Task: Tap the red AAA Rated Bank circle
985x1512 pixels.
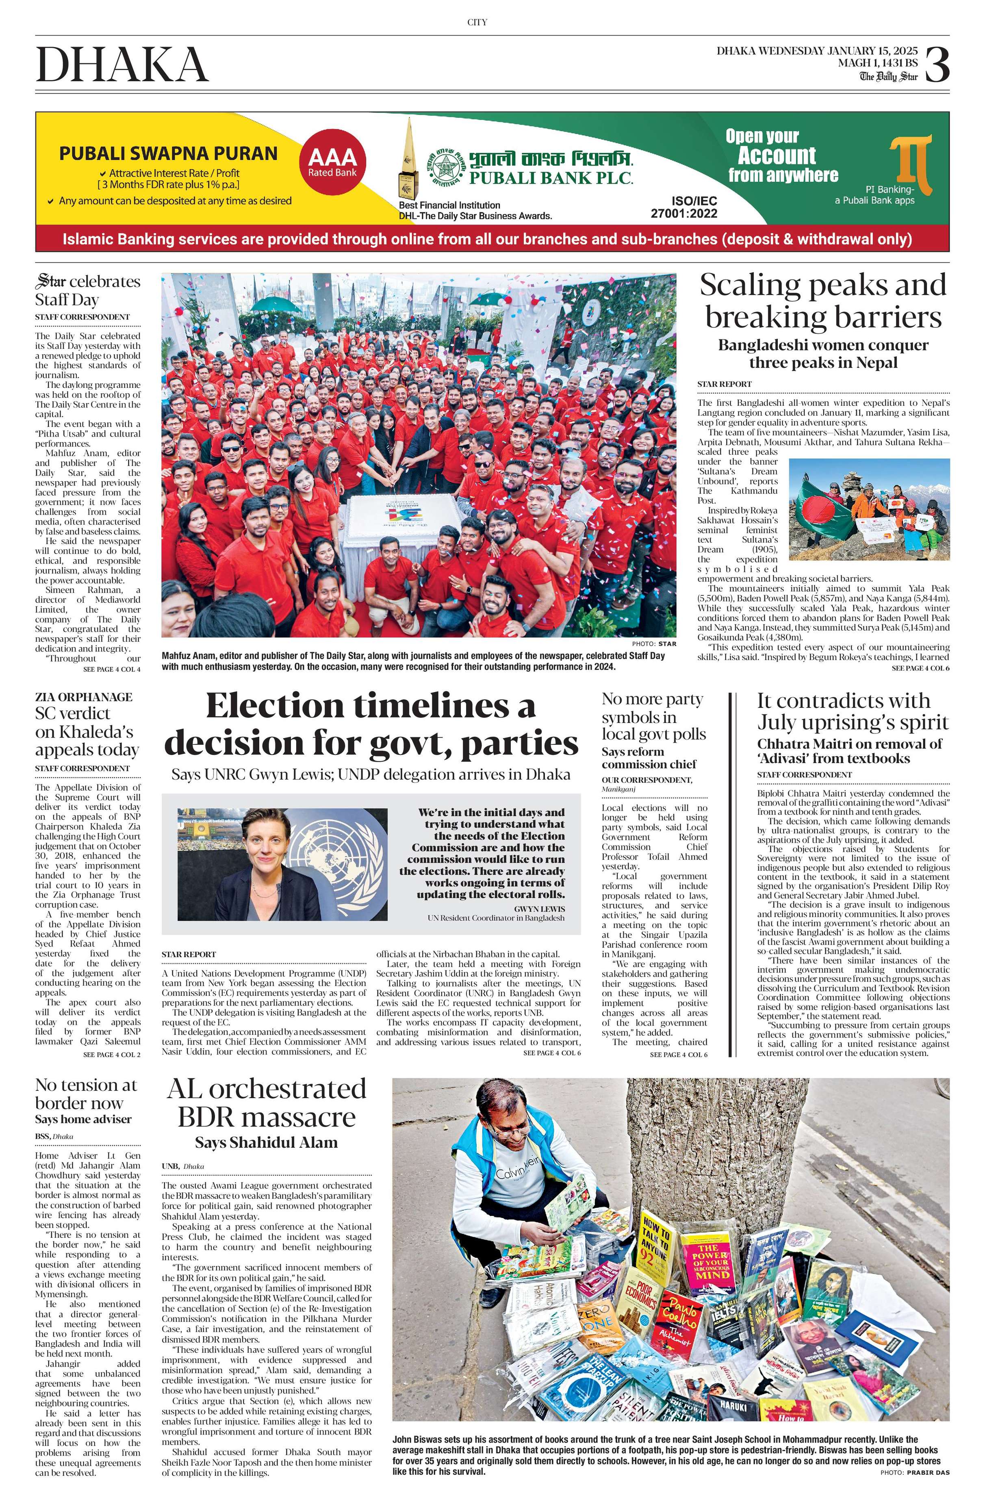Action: coord(332,161)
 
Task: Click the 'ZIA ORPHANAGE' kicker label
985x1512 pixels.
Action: coord(84,697)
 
